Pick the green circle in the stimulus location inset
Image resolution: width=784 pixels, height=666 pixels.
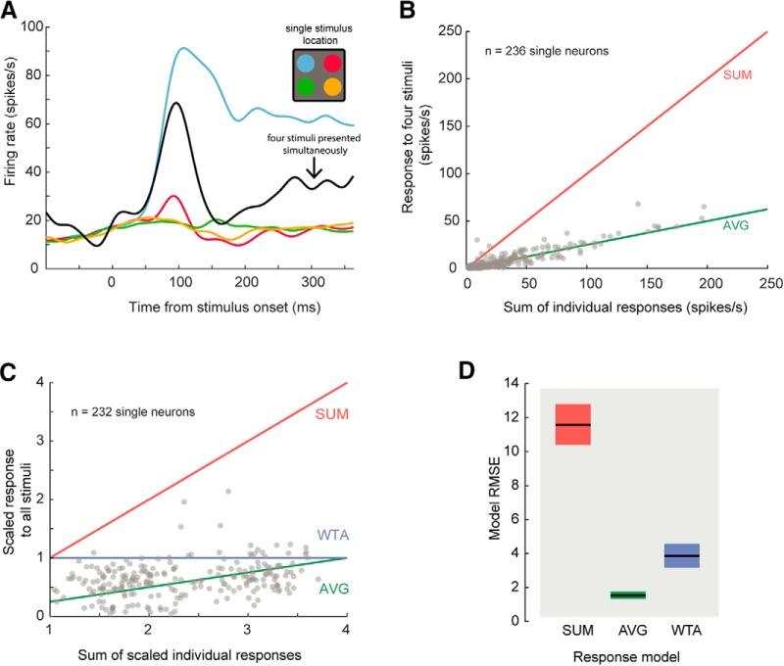[x=308, y=86]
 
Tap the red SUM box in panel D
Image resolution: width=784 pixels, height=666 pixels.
[x=573, y=424]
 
